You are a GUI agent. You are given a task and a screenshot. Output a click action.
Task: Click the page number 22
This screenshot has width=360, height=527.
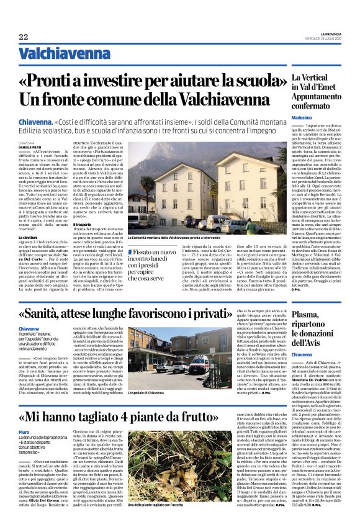(23, 37)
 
